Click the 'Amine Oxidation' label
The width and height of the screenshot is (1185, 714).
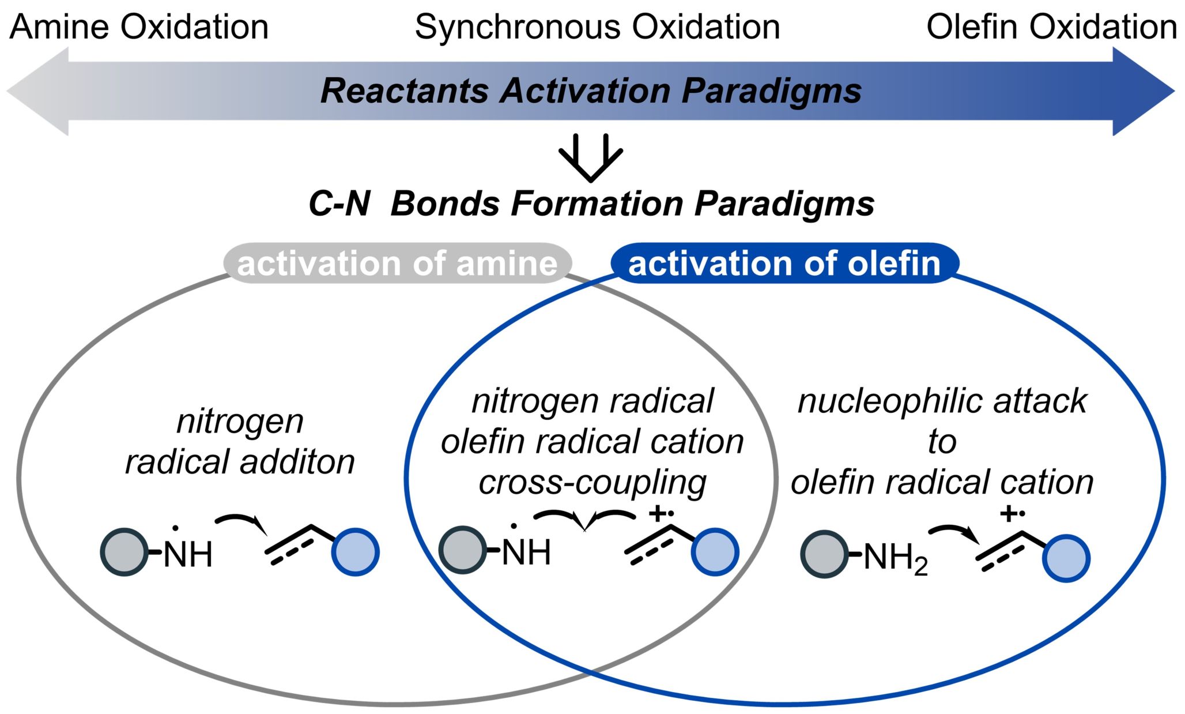point(139,27)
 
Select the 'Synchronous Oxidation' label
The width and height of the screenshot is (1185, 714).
point(597,27)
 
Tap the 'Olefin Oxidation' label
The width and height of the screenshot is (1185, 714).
point(1051,27)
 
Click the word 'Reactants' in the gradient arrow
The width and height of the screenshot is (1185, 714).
point(405,91)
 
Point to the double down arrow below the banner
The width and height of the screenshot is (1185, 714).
point(591,157)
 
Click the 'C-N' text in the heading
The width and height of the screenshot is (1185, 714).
point(339,204)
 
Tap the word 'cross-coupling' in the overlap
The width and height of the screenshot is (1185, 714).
point(592,482)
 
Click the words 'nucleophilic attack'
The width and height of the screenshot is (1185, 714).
point(942,401)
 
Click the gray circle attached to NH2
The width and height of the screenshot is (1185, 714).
point(824,554)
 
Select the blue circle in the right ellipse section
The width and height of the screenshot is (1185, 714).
point(1066,558)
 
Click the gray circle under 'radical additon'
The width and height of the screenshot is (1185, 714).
point(124,552)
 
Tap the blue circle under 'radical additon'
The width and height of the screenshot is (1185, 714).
point(355,552)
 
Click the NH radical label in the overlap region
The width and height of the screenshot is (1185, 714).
point(526,551)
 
